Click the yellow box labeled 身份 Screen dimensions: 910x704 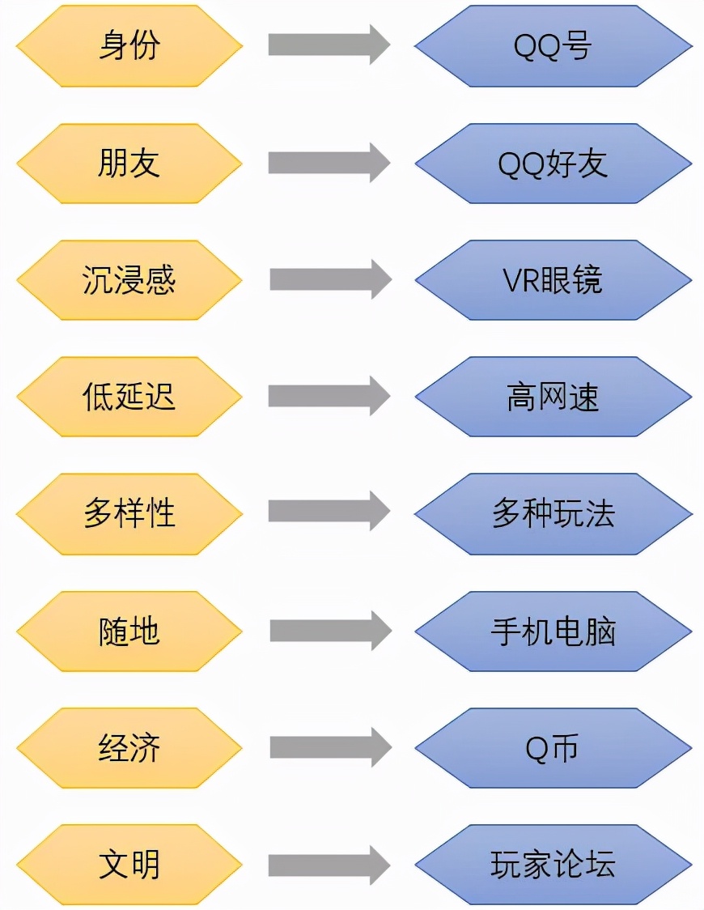pos(129,46)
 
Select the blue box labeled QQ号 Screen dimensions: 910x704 pos(553,46)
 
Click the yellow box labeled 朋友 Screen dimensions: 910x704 pos(129,164)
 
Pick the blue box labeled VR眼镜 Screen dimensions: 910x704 pos(553,280)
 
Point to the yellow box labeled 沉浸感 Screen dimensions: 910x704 pos(129,280)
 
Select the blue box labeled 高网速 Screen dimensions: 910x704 pos(553,397)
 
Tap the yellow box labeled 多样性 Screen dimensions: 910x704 pos(129,514)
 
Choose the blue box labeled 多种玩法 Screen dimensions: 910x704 pos(553,514)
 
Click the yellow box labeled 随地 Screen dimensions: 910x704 pos(129,631)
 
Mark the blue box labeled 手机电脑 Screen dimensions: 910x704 pos(553,631)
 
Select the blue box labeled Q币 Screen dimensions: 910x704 pos(553,748)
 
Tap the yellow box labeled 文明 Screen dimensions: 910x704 pos(129,865)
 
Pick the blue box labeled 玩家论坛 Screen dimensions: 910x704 pos(553,865)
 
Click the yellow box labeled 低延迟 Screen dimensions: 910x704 pos(129,397)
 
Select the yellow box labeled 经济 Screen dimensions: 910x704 pos(129,748)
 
